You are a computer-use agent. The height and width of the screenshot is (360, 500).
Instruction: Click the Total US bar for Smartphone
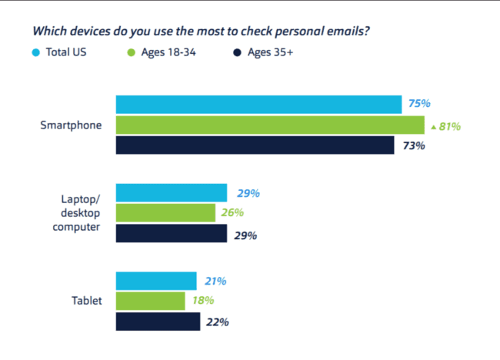click(258, 105)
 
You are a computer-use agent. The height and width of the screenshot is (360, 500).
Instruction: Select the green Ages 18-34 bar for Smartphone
click(270, 125)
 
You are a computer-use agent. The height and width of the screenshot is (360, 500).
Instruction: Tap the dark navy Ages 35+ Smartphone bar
click(255, 145)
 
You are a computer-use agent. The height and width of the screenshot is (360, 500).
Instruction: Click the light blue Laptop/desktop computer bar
click(171, 193)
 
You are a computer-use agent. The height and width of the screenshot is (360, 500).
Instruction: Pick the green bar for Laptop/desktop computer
click(165, 213)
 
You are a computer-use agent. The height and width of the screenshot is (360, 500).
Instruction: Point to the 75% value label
click(419, 104)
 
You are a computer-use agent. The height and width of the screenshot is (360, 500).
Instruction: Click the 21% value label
click(215, 282)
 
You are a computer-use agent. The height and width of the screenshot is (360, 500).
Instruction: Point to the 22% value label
click(217, 322)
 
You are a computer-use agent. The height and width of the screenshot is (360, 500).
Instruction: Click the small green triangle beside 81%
click(434, 126)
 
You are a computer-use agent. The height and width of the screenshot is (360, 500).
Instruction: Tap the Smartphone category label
click(72, 125)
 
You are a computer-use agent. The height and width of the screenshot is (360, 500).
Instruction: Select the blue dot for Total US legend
click(36, 52)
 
